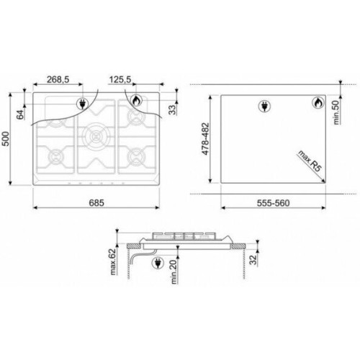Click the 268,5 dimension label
click(58, 79)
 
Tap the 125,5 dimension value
click(120, 79)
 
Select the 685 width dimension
click(96, 203)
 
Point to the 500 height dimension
click(6, 139)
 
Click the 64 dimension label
click(21, 114)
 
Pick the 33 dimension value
click(172, 110)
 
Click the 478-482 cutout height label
click(205, 139)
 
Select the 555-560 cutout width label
click(273, 203)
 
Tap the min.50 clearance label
click(337, 112)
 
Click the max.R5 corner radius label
click(310, 161)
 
